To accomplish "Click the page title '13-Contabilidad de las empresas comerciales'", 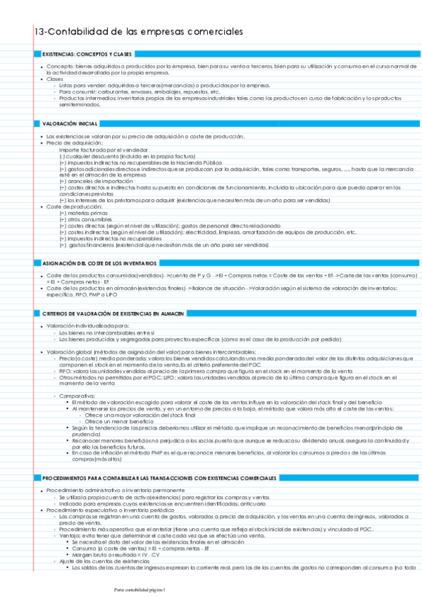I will tap(138, 32).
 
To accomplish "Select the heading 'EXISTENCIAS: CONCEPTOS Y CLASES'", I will tap(87, 54).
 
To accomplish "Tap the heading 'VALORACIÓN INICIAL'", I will tap(70, 123).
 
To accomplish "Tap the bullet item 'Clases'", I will tap(54, 79).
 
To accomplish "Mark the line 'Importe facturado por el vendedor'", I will tap(101, 150).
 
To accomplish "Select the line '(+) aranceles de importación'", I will tap(92, 181).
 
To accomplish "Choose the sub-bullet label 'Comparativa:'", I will tap(76, 396).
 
